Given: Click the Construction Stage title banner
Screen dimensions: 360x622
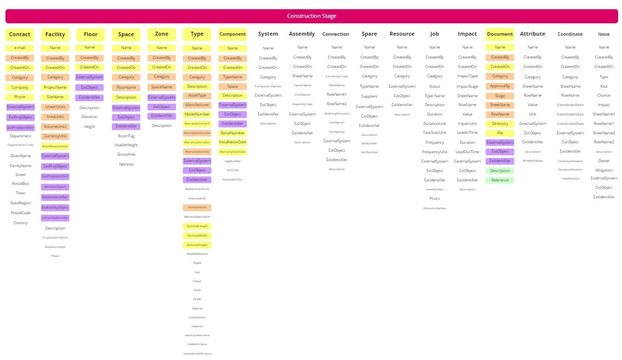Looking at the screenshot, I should tap(311, 16).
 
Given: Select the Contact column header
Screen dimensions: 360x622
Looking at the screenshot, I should tap(20, 34).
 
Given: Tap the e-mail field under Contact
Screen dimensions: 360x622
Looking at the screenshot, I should tap(20, 48).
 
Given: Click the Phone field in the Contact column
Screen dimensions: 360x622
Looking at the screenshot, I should tap(20, 97).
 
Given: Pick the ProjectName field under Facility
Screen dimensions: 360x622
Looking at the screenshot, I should tap(55, 87).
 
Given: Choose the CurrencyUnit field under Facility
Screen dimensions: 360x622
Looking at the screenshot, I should tap(55, 136).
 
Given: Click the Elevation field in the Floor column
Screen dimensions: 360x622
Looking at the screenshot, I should tap(89, 117).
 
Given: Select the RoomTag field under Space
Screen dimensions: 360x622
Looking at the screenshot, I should tap(126, 136).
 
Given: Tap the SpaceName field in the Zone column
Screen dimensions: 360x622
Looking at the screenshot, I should tap(162, 87).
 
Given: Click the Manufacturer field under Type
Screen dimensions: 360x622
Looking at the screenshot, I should tap(197, 105).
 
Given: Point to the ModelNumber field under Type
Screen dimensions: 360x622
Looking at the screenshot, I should tap(197, 114).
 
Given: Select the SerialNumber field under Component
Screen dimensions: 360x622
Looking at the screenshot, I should tap(232, 133).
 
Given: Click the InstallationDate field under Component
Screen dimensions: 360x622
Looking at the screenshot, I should tap(232, 142).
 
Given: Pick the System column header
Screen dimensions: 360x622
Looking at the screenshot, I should tap(268, 34).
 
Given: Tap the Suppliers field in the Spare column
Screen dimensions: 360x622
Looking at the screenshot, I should tap(369, 96).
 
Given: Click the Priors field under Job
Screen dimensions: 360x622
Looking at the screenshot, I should tap(435, 198).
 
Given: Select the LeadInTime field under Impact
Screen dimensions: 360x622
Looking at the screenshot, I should tap(467, 132).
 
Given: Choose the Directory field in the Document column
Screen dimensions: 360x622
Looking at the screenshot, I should tap(500, 123).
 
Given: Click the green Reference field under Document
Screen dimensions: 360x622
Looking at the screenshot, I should tap(500, 180).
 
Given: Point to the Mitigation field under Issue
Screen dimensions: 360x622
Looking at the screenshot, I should tap(604, 170).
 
